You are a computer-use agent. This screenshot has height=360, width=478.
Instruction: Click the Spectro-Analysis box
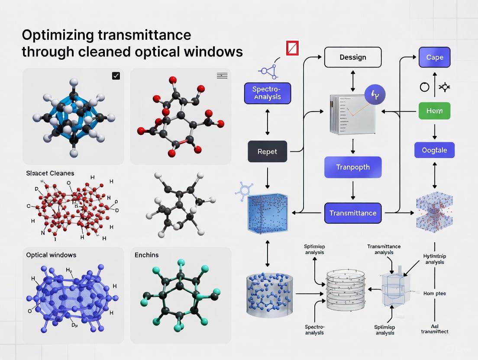coord(267,93)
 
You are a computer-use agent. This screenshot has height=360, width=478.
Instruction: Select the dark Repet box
coord(267,152)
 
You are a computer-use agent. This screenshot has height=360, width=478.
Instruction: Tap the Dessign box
coord(352,57)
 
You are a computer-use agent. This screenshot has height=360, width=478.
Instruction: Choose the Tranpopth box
coord(352,167)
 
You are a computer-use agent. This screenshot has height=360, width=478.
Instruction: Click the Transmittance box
coord(352,213)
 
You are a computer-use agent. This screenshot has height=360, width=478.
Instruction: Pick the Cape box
coord(434,57)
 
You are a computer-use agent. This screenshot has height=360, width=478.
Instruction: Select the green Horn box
coord(434,111)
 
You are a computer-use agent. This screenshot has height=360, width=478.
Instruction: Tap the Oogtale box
coord(434,151)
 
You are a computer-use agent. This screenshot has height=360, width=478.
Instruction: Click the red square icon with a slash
coord(293,48)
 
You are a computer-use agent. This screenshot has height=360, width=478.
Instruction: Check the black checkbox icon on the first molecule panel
coord(116,76)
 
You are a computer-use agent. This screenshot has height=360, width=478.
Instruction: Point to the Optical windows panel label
coord(51,255)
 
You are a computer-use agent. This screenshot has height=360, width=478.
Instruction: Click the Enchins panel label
coord(146,255)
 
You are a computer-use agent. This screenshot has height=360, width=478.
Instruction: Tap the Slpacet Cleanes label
coord(50,173)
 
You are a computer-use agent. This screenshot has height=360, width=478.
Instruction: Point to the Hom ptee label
coord(434,293)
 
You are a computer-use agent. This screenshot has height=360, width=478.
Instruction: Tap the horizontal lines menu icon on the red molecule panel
coord(222,76)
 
